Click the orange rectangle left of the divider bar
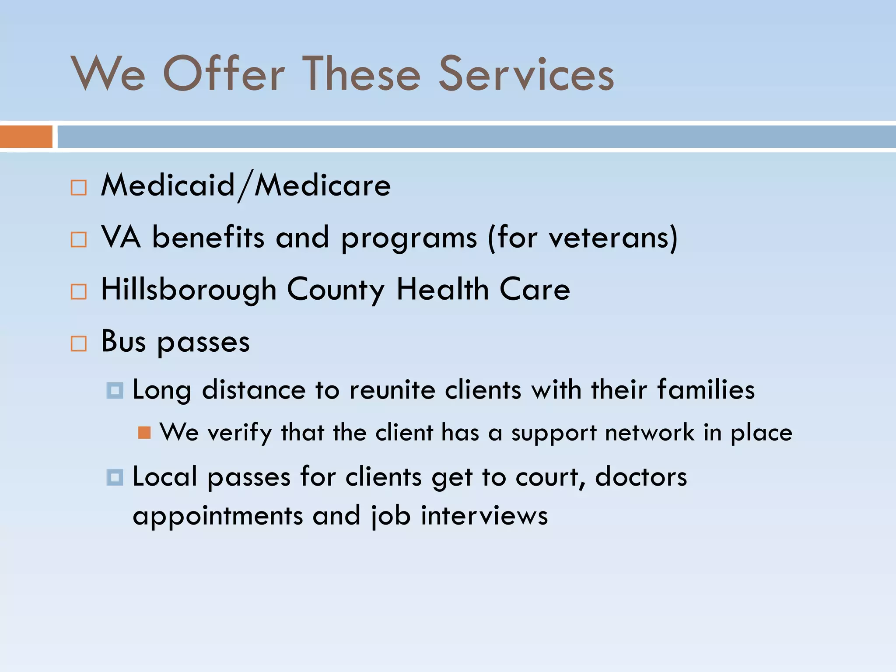click(26, 136)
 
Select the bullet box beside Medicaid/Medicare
click(79, 188)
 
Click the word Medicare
click(322, 185)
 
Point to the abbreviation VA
click(121, 238)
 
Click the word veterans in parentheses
click(608, 238)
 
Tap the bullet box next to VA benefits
click(79, 240)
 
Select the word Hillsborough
click(189, 290)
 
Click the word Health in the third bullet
click(442, 290)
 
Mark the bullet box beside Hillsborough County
click(79, 292)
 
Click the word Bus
click(123, 342)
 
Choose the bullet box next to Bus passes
click(79, 344)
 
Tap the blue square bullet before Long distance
click(115, 390)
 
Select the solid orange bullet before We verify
click(144, 433)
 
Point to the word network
click(650, 433)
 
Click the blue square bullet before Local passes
click(115, 477)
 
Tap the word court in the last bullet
click(549, 477)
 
